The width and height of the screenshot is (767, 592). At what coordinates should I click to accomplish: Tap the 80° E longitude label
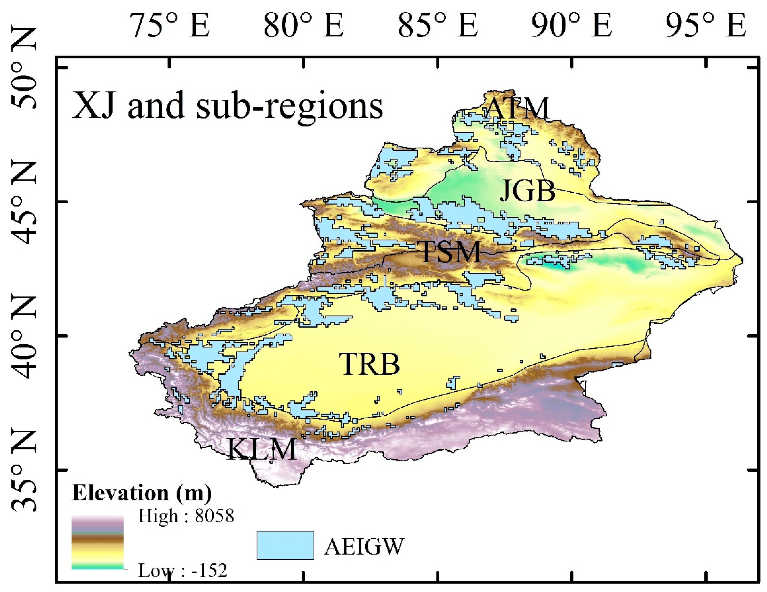(x=304, y=25)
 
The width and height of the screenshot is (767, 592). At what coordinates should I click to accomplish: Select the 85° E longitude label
(x=438, y=25)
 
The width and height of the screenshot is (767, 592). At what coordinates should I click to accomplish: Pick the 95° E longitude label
(x=706, y=25)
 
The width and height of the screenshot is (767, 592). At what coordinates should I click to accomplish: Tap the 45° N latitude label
(x=24, y=203)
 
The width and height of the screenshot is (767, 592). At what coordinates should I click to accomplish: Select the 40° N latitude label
(x=24, y=337)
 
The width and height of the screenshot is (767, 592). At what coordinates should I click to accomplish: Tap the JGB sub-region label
(x=527, y=191)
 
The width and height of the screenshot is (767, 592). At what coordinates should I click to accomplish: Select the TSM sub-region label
(x=451, y=252)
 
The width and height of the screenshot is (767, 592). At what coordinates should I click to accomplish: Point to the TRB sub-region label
(x=370, y=364)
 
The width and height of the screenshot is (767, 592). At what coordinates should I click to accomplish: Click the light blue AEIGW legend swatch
(x=285, y=545)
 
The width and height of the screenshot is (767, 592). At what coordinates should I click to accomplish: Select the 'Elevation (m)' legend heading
(x=142, y=493)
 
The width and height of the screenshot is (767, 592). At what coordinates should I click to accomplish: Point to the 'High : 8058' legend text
(x=186, y=516)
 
